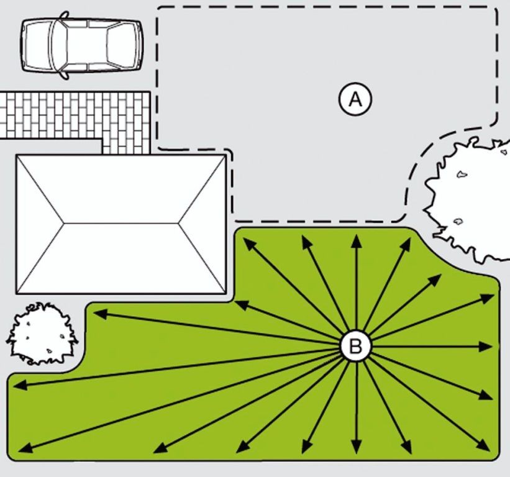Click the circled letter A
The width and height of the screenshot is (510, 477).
pyautogui.click(x=355, y=99)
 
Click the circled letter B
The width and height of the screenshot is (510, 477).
pyautogui.click(x=355, y=346)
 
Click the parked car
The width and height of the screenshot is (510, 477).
pyautogui.click(x=81, y=45)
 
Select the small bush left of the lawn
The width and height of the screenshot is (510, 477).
pyautogui.click(x=42, y=334)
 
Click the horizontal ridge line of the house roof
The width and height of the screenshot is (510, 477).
pyautogui.click(x=121, y=224)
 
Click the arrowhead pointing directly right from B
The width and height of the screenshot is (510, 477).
pyautogui.click(x=486, y=347)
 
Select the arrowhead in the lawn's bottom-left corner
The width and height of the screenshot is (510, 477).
pyautogui.click(x=25, y=447)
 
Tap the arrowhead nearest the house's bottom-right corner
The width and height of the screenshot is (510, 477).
pyautogui.click(x=241, y=306)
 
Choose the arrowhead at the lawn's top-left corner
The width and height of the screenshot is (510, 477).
pyautogui.click(x=249, y=243)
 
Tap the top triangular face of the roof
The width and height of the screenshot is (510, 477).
pyautogui.click(x=121, y=189)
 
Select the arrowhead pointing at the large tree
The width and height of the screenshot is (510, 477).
pyautogui.click(x=435, y=279)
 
